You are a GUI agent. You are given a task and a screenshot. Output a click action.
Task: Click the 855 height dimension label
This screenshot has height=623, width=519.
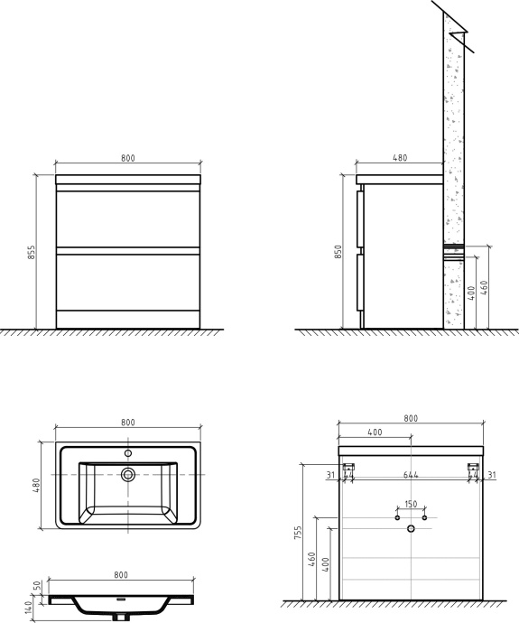point(31,252)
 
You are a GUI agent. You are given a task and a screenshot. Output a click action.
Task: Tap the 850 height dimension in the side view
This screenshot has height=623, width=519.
point(338,253)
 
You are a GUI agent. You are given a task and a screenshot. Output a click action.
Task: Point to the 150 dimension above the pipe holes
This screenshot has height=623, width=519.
point(411,504)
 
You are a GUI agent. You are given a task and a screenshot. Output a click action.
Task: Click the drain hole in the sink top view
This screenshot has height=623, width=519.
point(128,473)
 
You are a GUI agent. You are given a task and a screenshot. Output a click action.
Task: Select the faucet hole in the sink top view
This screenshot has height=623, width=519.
point(128,452)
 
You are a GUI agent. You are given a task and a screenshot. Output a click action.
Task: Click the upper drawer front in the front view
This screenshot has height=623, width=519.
point(127,219)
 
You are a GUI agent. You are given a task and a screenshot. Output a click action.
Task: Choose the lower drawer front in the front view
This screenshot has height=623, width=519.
point(127,282)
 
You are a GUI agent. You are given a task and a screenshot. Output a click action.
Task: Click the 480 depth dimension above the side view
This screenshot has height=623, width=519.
point(400,158)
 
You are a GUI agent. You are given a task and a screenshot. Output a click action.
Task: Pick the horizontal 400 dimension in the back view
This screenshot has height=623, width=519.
point(375,432)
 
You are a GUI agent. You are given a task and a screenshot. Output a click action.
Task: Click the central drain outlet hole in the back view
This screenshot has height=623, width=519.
point(411,527)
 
